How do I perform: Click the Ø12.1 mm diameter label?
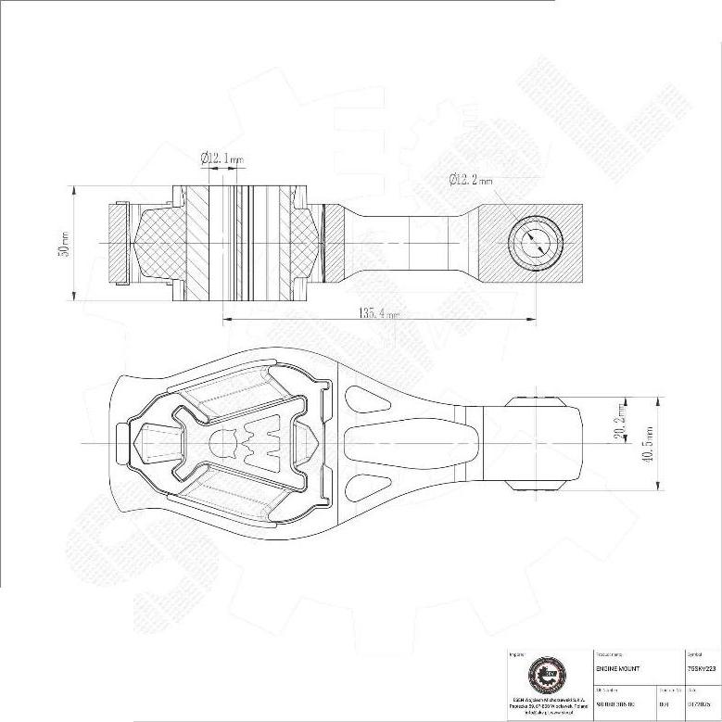point(222,158)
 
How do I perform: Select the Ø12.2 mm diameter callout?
point(472,179)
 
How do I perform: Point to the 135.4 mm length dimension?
point(379,313)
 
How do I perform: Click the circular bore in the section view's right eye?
point(535,242)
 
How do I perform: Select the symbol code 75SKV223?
point(702,667)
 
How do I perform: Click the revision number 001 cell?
point(664,703)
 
